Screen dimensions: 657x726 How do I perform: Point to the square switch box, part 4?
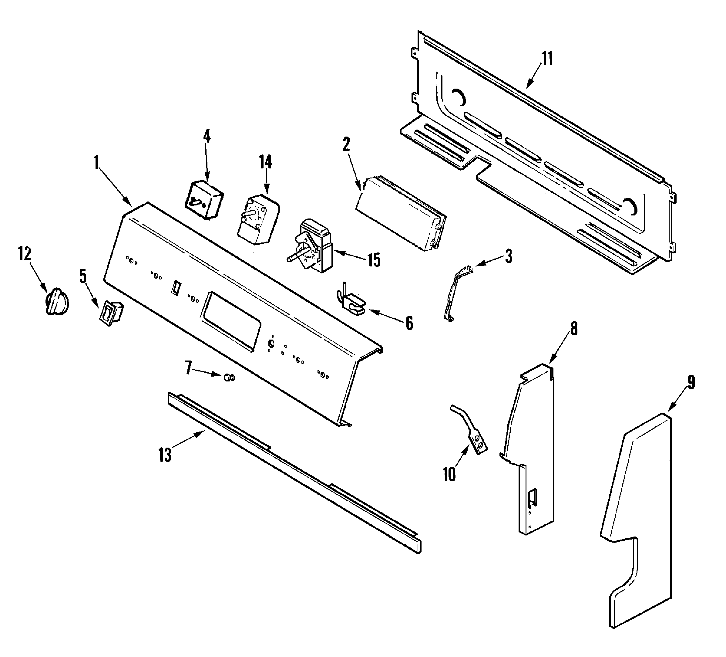[x=204, y=200]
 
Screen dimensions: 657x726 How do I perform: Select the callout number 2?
[x=346, y=144]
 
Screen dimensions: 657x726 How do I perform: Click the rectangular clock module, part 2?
[x=400, y=214]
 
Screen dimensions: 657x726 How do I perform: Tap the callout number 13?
[x=165, y=455]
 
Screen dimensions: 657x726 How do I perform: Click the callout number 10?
[x=449, y=474]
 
